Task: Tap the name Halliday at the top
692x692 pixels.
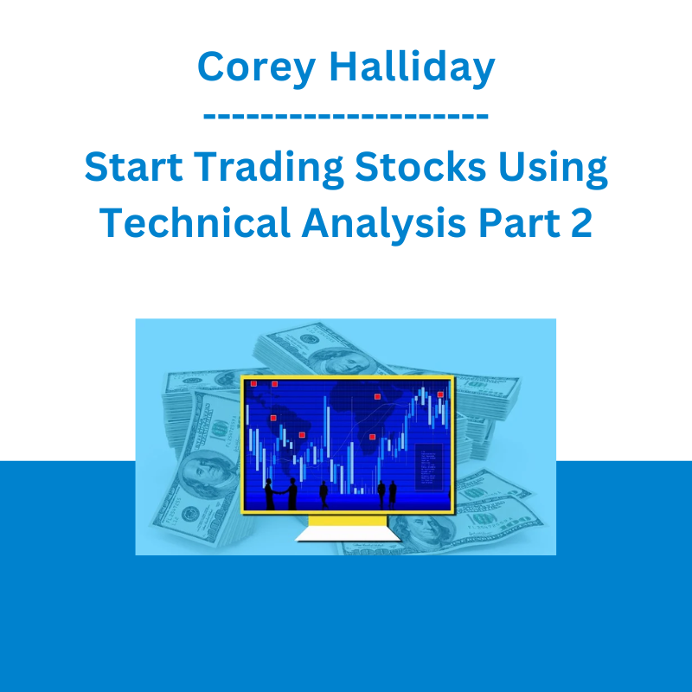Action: [x=413, y=67]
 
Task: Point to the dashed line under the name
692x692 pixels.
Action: [x=346, y=116]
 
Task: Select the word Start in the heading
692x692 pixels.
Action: [x=133, y=167]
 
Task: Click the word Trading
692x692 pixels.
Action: [x=268, y=169]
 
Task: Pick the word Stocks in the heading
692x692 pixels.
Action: [x=420, y=166]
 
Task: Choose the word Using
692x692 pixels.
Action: [x=553, y=169]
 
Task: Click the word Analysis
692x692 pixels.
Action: [x=383, y=224]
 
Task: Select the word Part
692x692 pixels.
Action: [x=518, y=222]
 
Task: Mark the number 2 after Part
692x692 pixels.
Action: [x=580, y=222]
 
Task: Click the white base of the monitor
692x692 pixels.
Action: [x=349, y=534]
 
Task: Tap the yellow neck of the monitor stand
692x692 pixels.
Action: [x=348, y=521]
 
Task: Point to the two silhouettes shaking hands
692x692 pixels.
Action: [x=280, y=494]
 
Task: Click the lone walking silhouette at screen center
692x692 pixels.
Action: [x=324, y=494]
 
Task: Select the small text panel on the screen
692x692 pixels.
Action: [x=428, y=466]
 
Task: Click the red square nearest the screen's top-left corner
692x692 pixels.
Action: [x=253, y=383]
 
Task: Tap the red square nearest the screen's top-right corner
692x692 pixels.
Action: [x=440, y=394]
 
